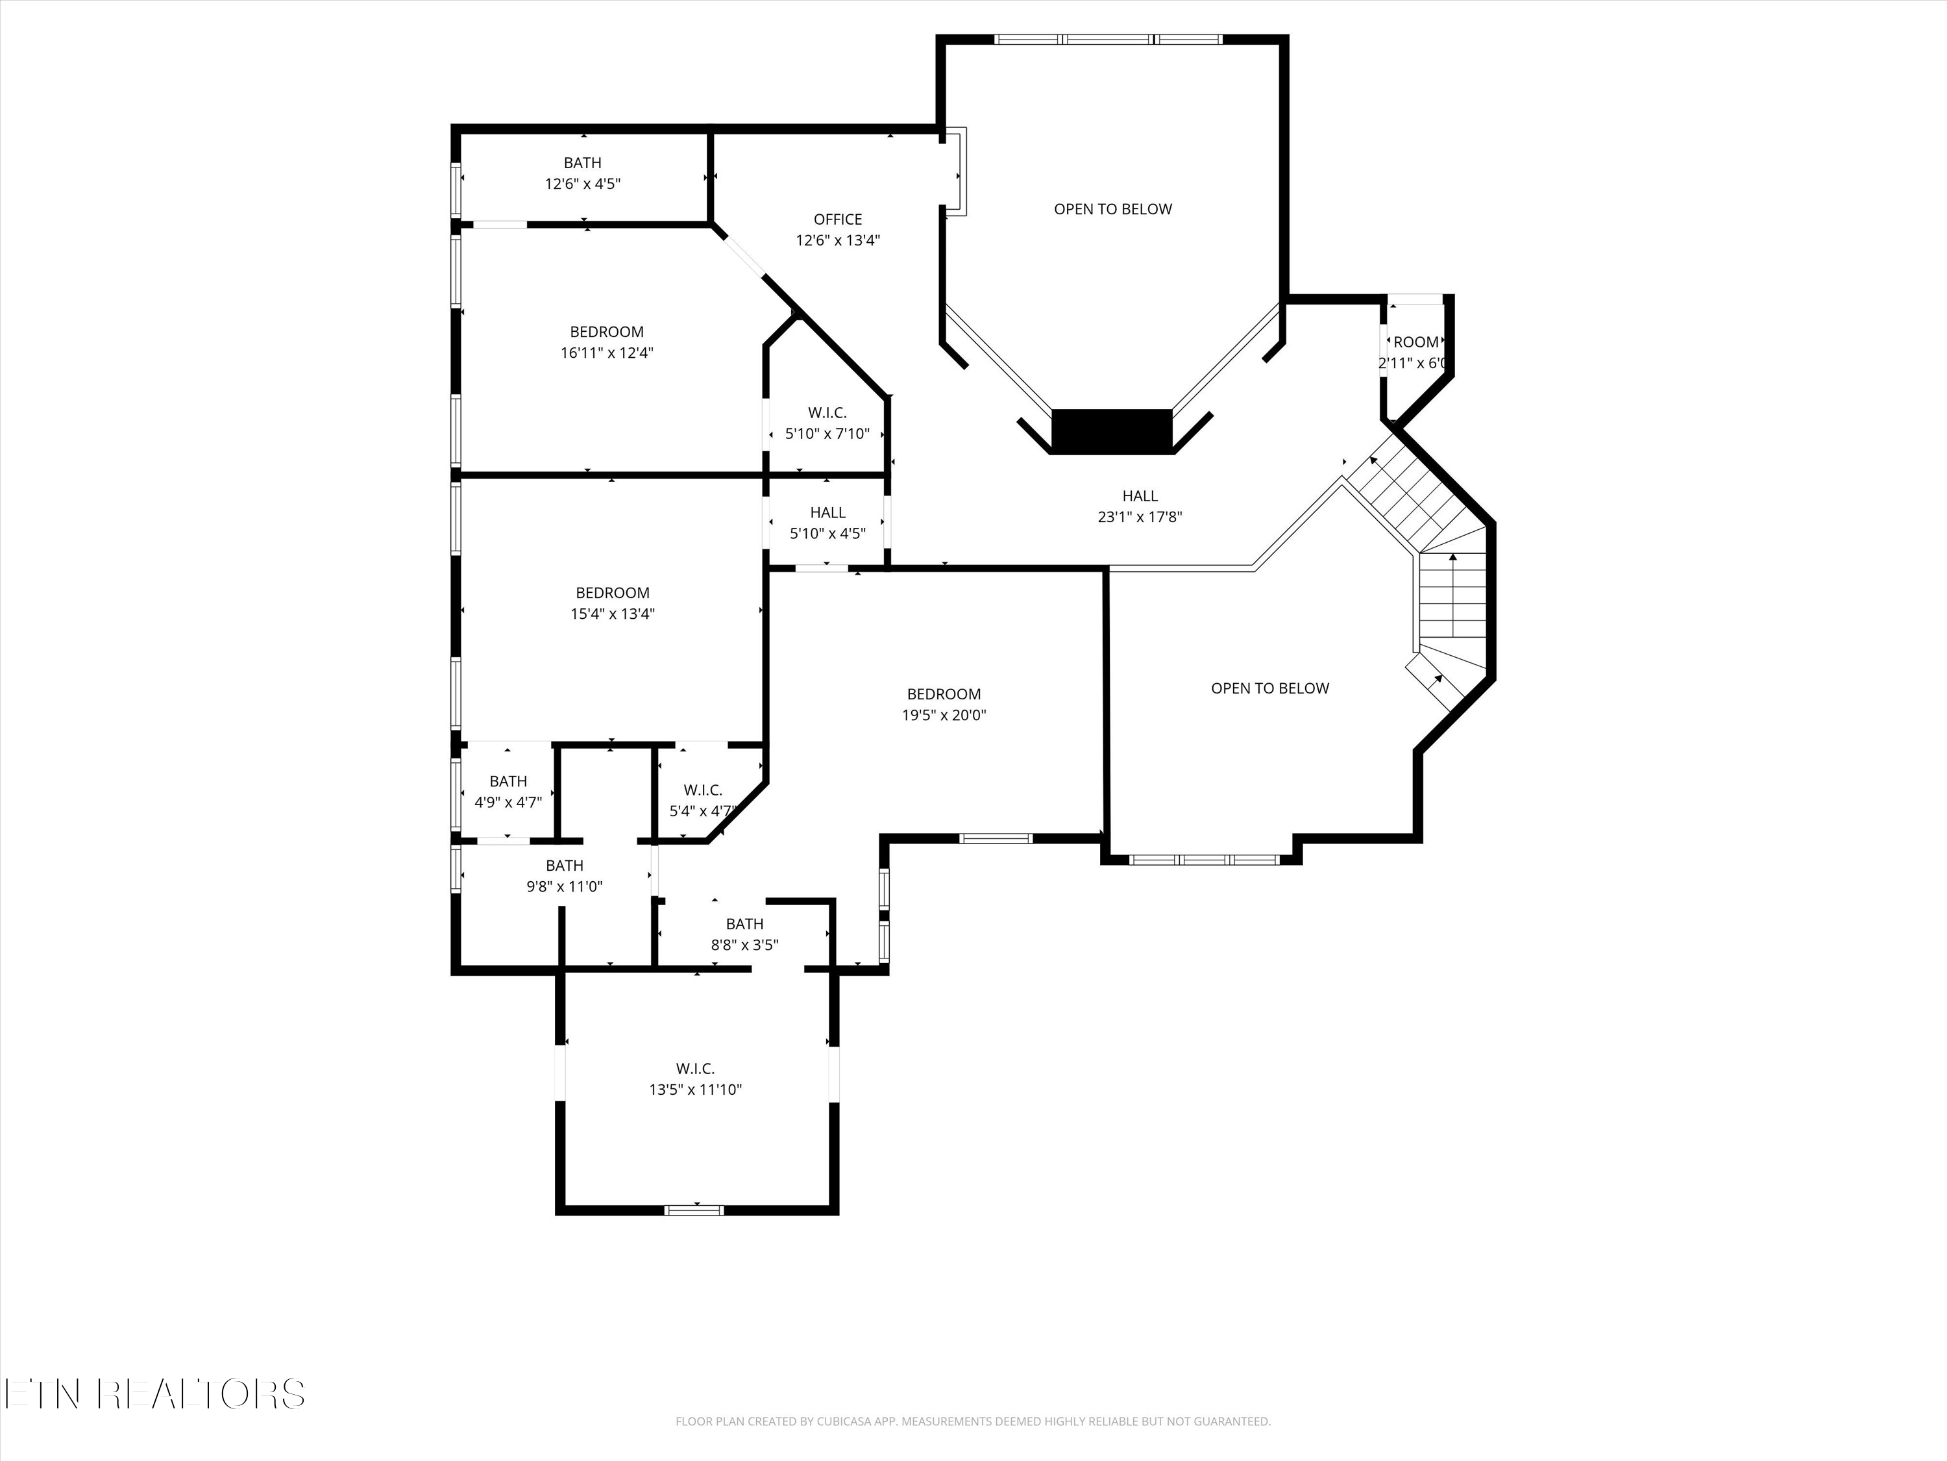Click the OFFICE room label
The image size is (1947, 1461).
pyautogui.click(x=837, y=219)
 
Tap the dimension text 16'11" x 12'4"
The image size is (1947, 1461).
pyautogui.click(x=606, y=353)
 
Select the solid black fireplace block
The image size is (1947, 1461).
pyautogui.click(x=1112, y=432)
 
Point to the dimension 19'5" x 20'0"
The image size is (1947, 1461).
pyautogui.click(x=944, y=715)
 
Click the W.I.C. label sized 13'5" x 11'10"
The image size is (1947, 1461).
pyautogui.click(x=695, y=1068)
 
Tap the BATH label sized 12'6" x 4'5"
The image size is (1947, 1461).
pyautogui.click(x=583, y=163)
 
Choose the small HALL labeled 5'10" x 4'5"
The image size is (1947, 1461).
pyautogui.click(x=827, y=512)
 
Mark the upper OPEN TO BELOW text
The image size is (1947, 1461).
pyautogui.click(x=1112, y=208)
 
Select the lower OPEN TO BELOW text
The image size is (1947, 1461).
pyautogui.click(x=1269, y=688)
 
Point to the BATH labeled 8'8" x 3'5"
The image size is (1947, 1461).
pyautogui.click(x=744, y=924)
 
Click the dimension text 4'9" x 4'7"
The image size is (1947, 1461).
pyautogui.click(x=508, y=803)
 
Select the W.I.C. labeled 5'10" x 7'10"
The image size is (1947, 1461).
pyautogui.click(x=827, y=413)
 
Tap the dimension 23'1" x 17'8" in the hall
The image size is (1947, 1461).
pyautogui.click(x=1139, y=517)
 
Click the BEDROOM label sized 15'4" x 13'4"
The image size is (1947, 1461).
pyautogui.click(x=613, y=593)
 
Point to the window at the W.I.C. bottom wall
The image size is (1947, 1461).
pyautogui.click(x=694, y=1209)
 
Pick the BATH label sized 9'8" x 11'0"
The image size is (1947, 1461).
pyautogui.click(x=564, y=866)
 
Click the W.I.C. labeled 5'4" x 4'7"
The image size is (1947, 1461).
pyautogui.click(x=702, y=790)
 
